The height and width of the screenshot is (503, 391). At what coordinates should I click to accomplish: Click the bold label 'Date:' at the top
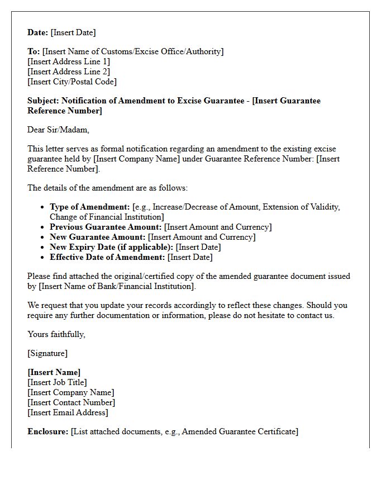(38, 32)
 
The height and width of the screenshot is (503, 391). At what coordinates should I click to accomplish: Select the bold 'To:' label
(34, 51)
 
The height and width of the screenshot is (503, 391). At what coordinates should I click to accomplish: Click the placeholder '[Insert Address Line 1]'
(69, 61)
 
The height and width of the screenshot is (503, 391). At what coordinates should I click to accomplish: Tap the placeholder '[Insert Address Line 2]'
(69, 72)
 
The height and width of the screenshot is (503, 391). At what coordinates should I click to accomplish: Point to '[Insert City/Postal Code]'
(72, 82)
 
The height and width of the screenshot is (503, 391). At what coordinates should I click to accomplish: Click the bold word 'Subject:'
(43, 101)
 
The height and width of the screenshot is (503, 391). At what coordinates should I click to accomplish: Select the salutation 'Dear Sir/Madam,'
(58, 130)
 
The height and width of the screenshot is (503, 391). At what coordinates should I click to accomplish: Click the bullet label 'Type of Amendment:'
(89, 207)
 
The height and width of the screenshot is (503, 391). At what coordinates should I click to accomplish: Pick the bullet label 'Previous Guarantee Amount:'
(106, 227)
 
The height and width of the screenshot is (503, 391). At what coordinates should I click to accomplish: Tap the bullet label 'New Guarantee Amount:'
(98, 237)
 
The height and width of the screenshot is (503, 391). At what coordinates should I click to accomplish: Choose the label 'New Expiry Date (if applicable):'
(112, 247)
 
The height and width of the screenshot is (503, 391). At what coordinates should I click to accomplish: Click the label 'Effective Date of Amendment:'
(107, 257)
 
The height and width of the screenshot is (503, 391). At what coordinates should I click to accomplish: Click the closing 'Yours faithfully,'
(56, 334)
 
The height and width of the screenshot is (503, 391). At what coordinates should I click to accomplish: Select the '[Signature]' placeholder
(47, 353)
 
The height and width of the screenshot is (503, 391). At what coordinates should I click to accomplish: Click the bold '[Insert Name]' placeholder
(54, 372)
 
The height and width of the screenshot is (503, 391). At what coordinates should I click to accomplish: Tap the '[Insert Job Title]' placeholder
(57, 382)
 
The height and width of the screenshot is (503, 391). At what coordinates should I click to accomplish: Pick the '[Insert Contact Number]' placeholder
(71, 402)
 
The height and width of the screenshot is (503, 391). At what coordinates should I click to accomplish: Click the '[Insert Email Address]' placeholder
(68, 412)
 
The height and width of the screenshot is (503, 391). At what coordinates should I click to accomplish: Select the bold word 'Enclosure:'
(48, 431)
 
